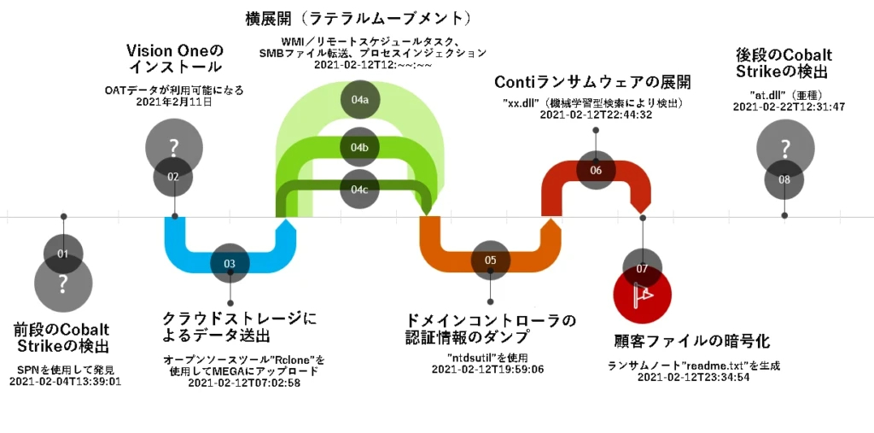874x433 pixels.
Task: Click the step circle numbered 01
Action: coord(63,254)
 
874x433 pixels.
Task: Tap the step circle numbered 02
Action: coord(173,177)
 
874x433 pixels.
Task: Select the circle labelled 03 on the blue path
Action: coord(230,264)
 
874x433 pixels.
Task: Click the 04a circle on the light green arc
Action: coord(359,100)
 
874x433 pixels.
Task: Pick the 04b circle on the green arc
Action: coord(359,147)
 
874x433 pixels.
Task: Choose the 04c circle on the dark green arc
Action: coord(359,189)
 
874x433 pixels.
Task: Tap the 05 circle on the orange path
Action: coord(490,260)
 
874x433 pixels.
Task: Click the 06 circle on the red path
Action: coord(596,170)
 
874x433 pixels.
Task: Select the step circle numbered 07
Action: coord(642,268)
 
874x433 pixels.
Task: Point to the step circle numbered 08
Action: coord(784,179)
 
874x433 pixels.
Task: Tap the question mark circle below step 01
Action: coord(62,284)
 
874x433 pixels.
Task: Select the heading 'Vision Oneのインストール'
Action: coord(174,58)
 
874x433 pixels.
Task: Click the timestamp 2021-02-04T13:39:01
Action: coord(66,381)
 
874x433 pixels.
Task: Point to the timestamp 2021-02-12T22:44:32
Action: coord(596,114)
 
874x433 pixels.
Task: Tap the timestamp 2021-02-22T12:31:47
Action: coord(789,106)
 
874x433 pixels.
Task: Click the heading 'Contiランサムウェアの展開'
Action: coord(592,82)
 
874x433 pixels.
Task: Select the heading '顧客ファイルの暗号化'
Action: coord(692,342)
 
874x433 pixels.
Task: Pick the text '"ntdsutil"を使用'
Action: coord(487,357)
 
